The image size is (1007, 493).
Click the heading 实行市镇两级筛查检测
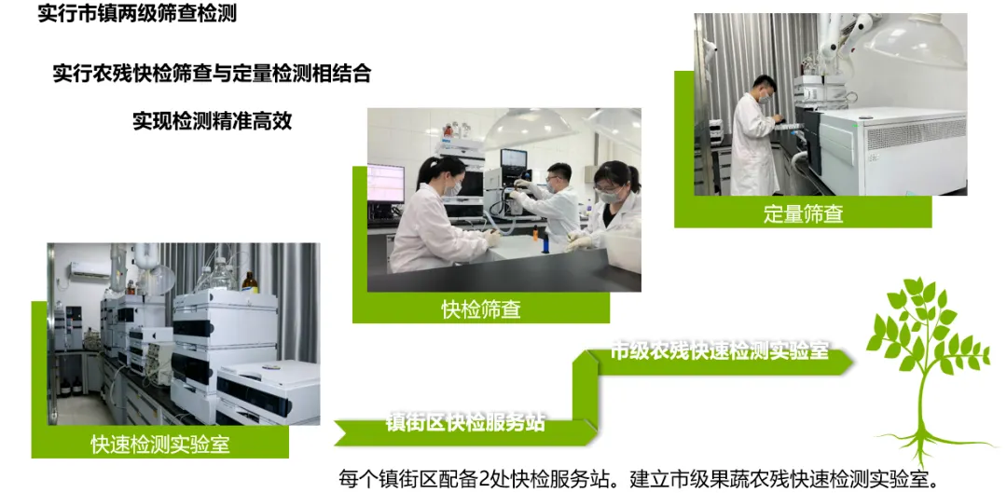click(137, 13)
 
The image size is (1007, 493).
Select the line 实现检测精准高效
click(212, 120)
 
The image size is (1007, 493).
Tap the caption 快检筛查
click(480, 308)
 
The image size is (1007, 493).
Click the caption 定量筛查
click(803, 213)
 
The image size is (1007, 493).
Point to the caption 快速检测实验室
click(160, 445)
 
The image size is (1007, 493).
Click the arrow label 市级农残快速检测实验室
click(719, 350)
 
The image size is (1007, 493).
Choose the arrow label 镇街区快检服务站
click(465, 422)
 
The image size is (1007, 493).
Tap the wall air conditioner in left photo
click(90, 270)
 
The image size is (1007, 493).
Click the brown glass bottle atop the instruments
click(250, 282)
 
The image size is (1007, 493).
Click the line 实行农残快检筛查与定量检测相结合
click(212, 74)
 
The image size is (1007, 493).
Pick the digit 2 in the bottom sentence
click(486, 480)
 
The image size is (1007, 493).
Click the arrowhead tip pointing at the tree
click(853, 363)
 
